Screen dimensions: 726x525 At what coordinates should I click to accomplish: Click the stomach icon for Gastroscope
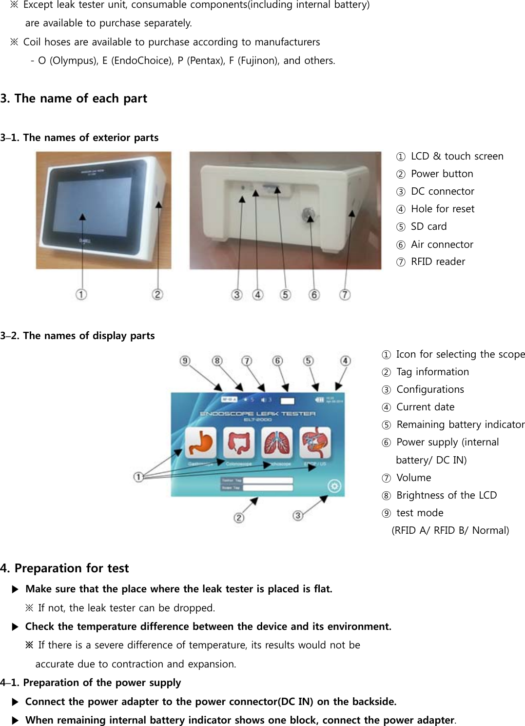click(x=200, y=442)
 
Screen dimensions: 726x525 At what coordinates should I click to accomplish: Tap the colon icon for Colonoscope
click(x=238, y=442)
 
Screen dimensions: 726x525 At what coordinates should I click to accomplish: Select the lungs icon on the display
click(x=276, y=442)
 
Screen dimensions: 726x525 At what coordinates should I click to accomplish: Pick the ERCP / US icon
click(x=314, y=442)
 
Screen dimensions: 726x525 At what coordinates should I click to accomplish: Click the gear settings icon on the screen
click(x=334, y=486)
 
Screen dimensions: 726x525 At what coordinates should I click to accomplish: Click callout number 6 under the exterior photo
click(x=314, y=295)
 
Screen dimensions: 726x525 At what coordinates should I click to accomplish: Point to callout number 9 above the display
click(x=185, y=361)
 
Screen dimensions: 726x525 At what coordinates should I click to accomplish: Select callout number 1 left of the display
click(x=138, y=477)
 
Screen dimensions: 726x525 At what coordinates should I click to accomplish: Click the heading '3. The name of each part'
click(x=74, y=99)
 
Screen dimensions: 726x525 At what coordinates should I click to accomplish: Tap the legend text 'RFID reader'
click(x=438, y=262)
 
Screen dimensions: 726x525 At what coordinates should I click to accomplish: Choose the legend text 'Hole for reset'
click(x=442, y=209)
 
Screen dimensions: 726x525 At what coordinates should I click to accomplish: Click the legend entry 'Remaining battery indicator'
click(x=460, y=424)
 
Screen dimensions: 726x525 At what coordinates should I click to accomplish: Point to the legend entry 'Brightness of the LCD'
click(x=446, y=495)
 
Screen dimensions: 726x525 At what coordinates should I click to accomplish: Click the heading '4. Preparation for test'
click(x=64, y=568)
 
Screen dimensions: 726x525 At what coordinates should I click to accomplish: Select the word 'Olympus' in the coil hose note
click(x=73, y=61)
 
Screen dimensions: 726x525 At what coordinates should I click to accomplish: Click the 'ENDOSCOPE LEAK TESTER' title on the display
click(x=258, y=414)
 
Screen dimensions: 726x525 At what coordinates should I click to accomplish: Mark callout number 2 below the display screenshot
click(x=239, y=517)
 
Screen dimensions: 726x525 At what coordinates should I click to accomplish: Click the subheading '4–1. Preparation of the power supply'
click(x=91, y=683)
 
